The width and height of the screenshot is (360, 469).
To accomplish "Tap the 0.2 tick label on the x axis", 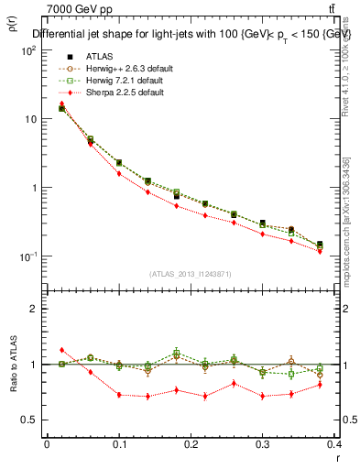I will coord(191,445).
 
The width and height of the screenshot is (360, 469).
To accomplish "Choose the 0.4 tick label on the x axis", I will coord(336,445).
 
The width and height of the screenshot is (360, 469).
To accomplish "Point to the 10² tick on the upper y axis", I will coord(27,51).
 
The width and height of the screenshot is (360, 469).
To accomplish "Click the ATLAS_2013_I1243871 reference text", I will coord(190,274).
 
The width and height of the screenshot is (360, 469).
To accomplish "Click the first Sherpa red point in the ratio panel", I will coord(61,350).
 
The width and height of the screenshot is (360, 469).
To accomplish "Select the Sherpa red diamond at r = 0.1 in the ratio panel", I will coord(119,395).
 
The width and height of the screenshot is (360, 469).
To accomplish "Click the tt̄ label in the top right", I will coord(343,9).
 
